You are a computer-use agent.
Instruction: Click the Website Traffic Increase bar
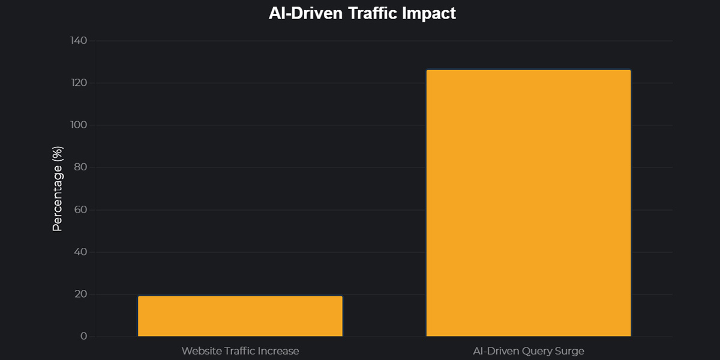(240, 316)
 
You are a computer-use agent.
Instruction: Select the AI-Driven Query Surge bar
(529, 203)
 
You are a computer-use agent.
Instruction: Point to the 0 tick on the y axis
(83, 337)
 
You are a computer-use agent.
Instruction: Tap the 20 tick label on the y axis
(80, 294)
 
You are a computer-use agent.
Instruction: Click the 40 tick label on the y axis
(80, 252)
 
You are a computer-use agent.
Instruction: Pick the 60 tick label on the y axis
(80, 209)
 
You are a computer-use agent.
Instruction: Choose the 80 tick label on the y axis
(80, 167)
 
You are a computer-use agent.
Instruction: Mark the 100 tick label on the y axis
(78, 125)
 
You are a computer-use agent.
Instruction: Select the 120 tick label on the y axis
(78, 83)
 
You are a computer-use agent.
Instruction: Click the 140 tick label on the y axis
(78, 40)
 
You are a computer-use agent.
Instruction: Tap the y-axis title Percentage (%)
(58, 188)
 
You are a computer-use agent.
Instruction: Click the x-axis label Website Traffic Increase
(240, 350)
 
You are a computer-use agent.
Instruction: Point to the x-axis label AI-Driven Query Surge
(529, 350)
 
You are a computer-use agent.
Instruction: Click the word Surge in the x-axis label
(568, 350)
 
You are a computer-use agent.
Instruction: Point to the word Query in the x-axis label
(533, 350)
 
